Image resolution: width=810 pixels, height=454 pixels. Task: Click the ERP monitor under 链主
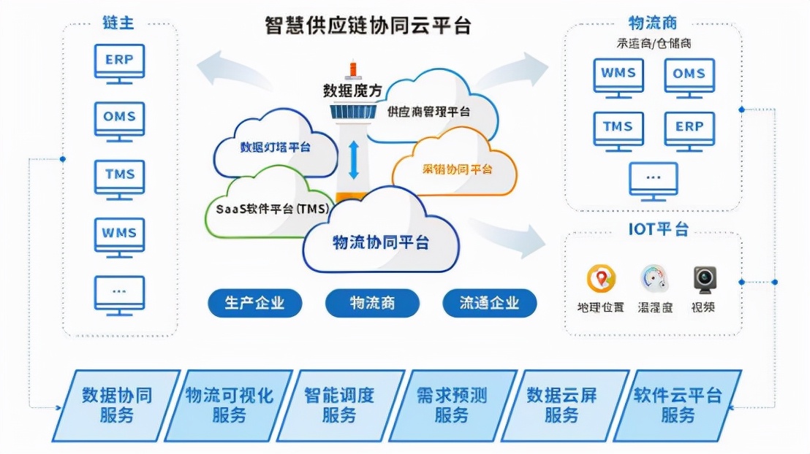coord(119,61)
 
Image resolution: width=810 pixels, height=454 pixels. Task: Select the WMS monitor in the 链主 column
coord(119,234)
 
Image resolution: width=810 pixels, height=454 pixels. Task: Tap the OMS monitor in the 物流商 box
coord(689,74)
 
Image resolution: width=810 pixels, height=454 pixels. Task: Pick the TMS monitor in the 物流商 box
coord(618,128)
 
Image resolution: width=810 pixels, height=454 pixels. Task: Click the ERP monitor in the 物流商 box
coord(689,128)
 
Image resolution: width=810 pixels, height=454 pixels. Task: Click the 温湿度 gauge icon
coord(654,279)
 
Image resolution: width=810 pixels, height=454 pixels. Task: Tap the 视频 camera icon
coord(704,279)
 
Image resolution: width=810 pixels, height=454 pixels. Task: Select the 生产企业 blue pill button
coord(254,303)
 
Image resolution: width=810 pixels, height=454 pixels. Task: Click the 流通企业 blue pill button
coord(489,303)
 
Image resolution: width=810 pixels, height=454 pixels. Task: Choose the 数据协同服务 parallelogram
coord(116,405)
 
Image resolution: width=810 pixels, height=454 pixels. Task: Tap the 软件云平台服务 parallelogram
coord(677,405)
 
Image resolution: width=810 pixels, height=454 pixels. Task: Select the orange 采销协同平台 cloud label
coord(458,169)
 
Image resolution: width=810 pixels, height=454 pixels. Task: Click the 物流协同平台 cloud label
coord(380,242)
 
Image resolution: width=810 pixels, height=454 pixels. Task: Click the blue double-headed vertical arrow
coord(354,160)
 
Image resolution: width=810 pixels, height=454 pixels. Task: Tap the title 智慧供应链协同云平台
coord(367,26)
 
